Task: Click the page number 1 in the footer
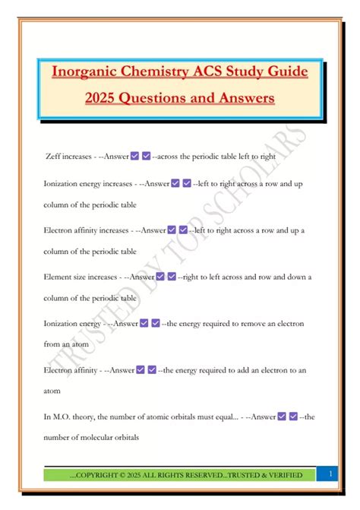[x=332, y=474]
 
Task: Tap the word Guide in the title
[x=283, y=72]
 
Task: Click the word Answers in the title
[x=245, y=99]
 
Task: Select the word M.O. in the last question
[x=63, y=417]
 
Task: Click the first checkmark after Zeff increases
[x=134, y=156]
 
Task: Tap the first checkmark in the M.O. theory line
[x=283, y=417]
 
